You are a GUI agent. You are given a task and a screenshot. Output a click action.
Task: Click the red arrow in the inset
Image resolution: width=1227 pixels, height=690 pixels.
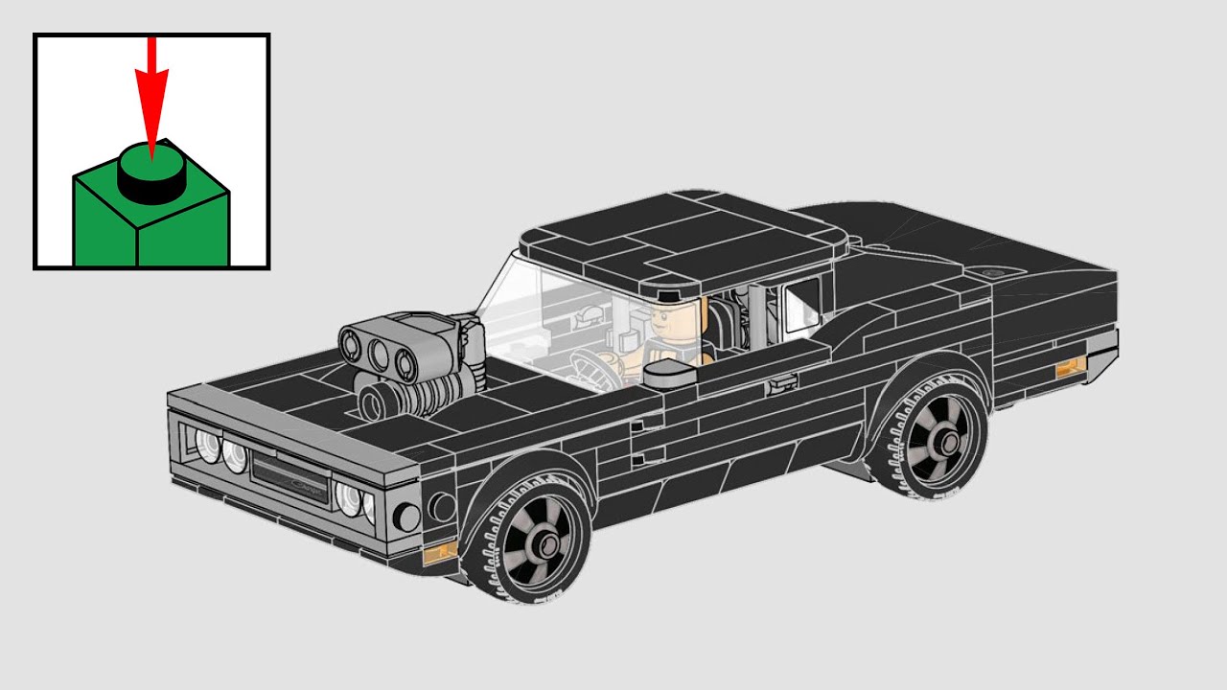(150, 96)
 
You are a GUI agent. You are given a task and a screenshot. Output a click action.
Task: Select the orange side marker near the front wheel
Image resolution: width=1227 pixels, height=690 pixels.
(440, 553)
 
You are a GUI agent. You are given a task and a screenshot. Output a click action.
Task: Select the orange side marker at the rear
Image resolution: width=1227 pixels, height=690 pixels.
(1070, 368)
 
